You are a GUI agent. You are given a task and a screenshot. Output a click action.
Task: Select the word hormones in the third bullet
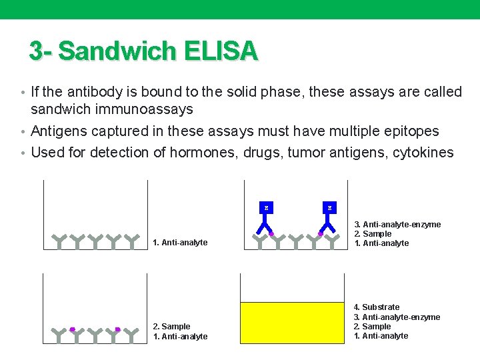click(x=201, y=152)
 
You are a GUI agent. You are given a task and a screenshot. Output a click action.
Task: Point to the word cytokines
click(x=423, y=152)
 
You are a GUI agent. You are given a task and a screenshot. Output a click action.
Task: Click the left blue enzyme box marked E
click(x=266, y=208)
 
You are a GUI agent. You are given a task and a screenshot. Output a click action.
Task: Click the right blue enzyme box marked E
click(x=329, y=208)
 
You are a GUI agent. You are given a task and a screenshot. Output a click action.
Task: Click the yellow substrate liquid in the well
click(x=293, y=323)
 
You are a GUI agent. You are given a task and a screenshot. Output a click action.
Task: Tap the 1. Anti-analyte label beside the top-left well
click(x=180, y=243)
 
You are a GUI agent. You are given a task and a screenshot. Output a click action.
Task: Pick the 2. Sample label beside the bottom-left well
click(x=171, y=327)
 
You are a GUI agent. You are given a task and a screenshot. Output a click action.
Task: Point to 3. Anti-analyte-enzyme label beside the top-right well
click(x=397, y=225)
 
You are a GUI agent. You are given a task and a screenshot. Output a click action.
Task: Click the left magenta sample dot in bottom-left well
click(x=73, y=329)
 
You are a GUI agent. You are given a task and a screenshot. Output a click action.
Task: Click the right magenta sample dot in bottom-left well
click(x=117, y=329)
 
